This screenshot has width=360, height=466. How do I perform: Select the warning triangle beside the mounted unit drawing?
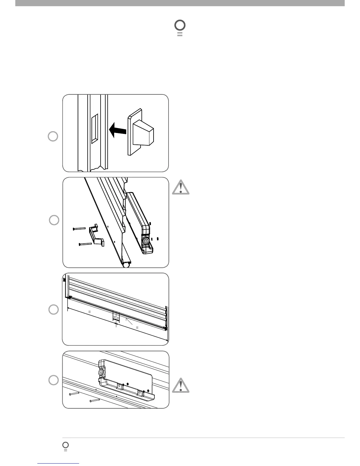coord(181,386)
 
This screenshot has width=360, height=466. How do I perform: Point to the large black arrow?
coord(117,130)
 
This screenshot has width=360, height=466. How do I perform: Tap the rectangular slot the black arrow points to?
coord(94,129)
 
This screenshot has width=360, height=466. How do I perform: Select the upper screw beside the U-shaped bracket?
coord(79,228)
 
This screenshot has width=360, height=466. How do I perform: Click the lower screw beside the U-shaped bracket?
coord(85,244)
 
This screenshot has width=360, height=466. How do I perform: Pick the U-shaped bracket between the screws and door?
coord(96,235)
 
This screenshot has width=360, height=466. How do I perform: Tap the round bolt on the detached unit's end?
coord(145,241)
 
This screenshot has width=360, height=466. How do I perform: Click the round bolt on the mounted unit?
coord(101,372)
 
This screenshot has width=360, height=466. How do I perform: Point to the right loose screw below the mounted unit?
coord(95,400)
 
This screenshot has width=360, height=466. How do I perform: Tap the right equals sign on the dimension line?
coord(137,327)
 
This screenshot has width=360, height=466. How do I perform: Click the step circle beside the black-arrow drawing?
coord(53,137)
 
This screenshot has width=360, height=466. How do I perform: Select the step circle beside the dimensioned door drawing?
coord(53,309)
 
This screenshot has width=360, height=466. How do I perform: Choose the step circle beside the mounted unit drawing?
coord(53,380)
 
